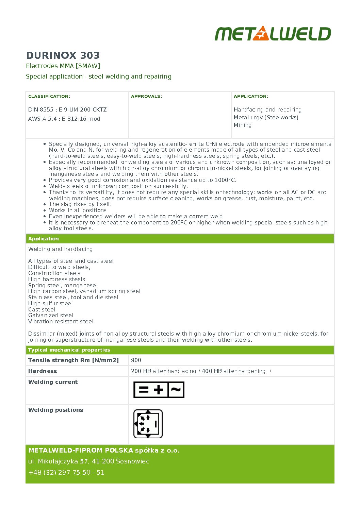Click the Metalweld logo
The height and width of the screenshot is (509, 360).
point(273,34)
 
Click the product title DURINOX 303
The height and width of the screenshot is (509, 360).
point(63,55)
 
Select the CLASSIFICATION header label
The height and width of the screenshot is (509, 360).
point(49,97)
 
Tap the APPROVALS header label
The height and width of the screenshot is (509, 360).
point(147,97)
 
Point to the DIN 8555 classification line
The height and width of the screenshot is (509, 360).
point(67,109)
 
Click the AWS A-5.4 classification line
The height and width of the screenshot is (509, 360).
point(64,119)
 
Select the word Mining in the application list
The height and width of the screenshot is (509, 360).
point(243,125)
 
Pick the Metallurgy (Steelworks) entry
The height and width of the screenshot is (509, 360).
point(266,117)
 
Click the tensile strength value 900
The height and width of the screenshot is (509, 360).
point(136,360)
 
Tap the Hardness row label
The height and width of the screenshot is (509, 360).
point(43,371)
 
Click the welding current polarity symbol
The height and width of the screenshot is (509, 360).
point(159,390)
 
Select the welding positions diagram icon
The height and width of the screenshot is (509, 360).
point(148,424)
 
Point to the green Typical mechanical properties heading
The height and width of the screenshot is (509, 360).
point(69,350)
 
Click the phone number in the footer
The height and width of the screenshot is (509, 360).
point(66,472)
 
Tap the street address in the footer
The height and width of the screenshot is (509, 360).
point(89,461)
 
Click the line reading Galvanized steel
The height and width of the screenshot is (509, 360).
point(51,316)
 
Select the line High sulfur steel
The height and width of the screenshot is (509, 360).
point(50,303)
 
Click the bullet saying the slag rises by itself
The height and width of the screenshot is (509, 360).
point(80,204)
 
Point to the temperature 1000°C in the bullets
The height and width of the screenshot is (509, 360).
point(225,180)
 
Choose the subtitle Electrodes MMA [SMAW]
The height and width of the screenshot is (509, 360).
point(63,66)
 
